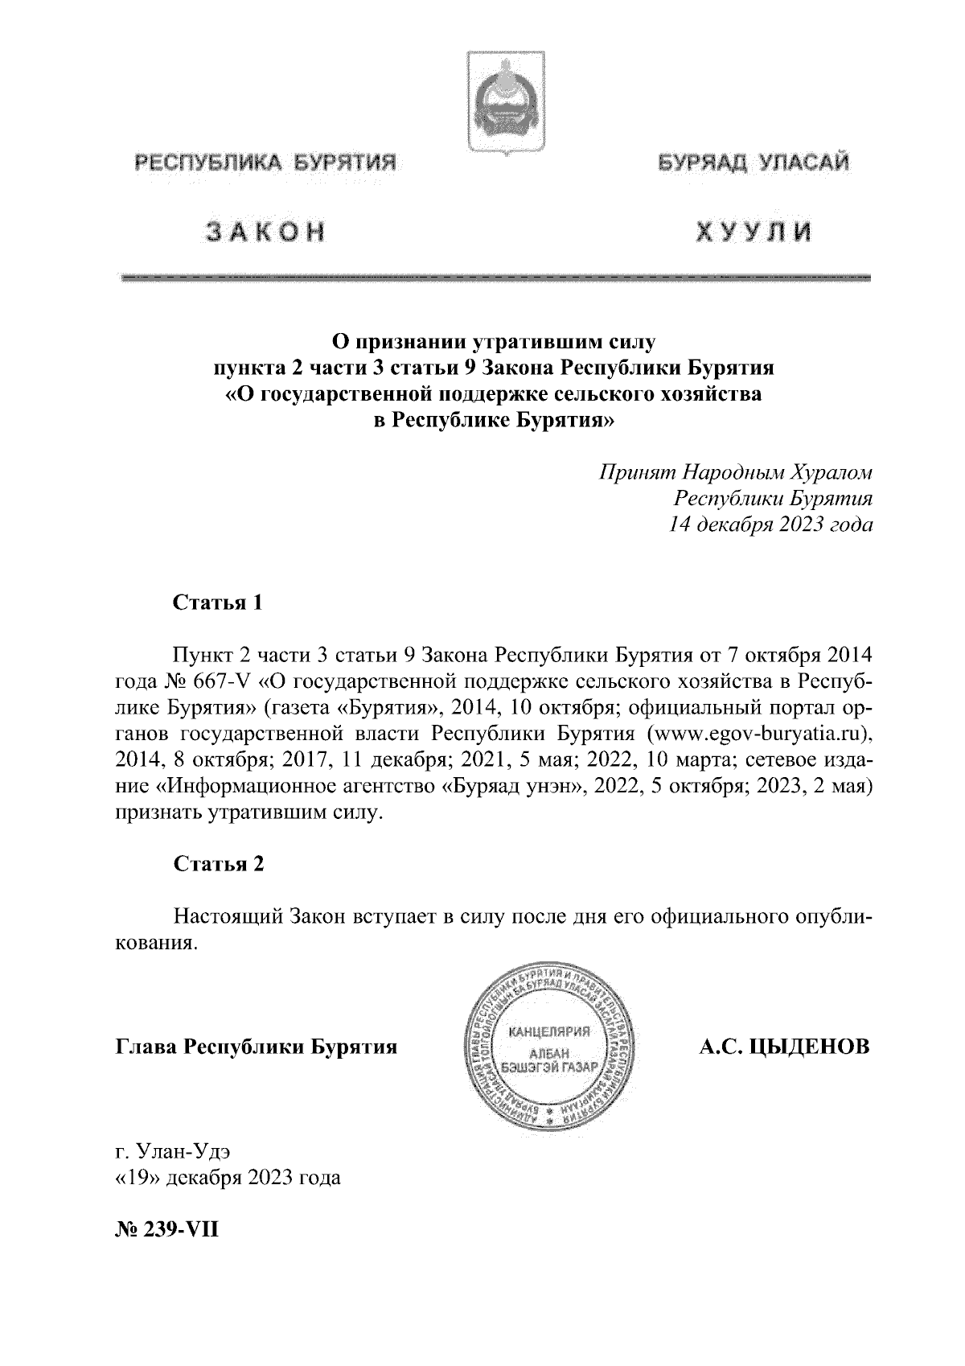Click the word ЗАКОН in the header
click(267, 232)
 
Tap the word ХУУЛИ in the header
click(753, 232)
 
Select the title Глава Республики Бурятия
click(257, 1047)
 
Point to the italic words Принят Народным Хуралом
click(735, 470)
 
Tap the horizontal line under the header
click(494, 278)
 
